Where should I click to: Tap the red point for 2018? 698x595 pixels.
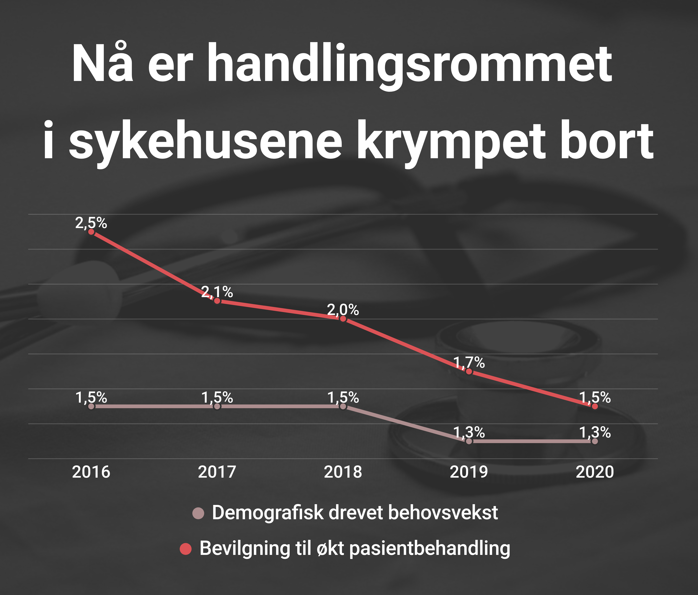[343, 319]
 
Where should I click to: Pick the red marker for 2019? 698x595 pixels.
[469, 371]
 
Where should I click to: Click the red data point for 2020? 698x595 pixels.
[595, 406]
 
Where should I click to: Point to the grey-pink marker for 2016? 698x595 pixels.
[91, 406]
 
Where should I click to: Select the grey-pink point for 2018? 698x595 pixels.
[343, 406]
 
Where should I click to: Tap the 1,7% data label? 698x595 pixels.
[469, 362]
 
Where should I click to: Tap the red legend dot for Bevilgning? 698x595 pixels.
[186, 549]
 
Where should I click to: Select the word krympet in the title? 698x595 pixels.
[451, 142]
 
